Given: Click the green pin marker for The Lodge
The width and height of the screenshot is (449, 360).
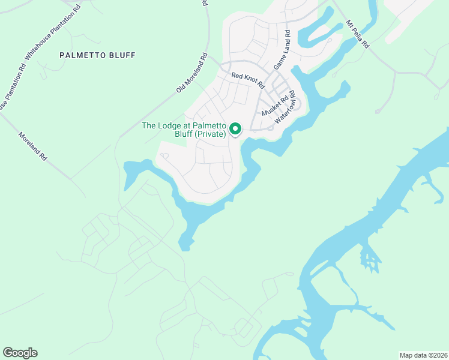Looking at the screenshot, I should click(235, 128).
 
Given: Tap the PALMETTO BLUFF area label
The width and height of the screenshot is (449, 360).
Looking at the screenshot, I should click(97, 55).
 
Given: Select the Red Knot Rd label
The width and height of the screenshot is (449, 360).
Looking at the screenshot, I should click(248, 79).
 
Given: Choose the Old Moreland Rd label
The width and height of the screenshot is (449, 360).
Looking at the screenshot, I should click(191, 73).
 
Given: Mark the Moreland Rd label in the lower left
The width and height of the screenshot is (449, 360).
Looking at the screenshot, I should click(32, 147).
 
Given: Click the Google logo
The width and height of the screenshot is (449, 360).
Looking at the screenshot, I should click(20, 353).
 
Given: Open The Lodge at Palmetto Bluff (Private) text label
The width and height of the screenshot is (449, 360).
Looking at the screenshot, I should click(184, 130).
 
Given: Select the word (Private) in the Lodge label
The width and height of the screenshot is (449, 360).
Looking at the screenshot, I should click(212, 134).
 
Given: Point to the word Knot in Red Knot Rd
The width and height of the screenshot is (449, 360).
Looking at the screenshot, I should click(249, 79).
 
